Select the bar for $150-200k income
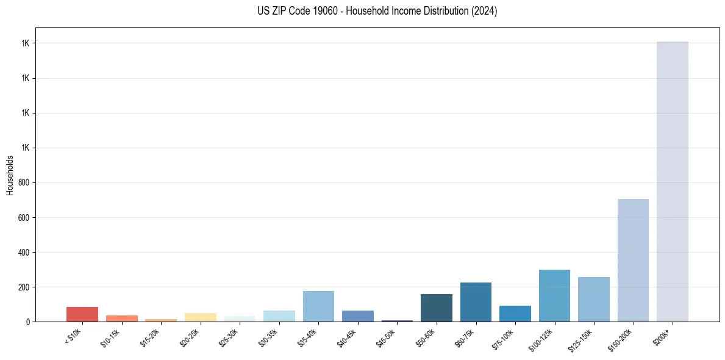click(x=633, y=260)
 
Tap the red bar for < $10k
click(x=82, y=314)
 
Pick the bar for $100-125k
click(x=554, y=295)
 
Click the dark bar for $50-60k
click(x=436, y=308)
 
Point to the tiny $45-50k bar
click(x=397, y=320)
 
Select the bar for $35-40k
click(x=318, y=306)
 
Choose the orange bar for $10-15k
click(x=121, y=319)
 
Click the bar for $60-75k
click(x=476, y=302)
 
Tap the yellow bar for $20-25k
click(x=200, y=317)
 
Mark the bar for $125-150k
click(x=593, y=299)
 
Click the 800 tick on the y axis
click(x=24, y=182)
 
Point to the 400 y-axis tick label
click(x=24, y=252)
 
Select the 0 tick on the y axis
click(x=28, y=322)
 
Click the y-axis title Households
click(x=10, y=175)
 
